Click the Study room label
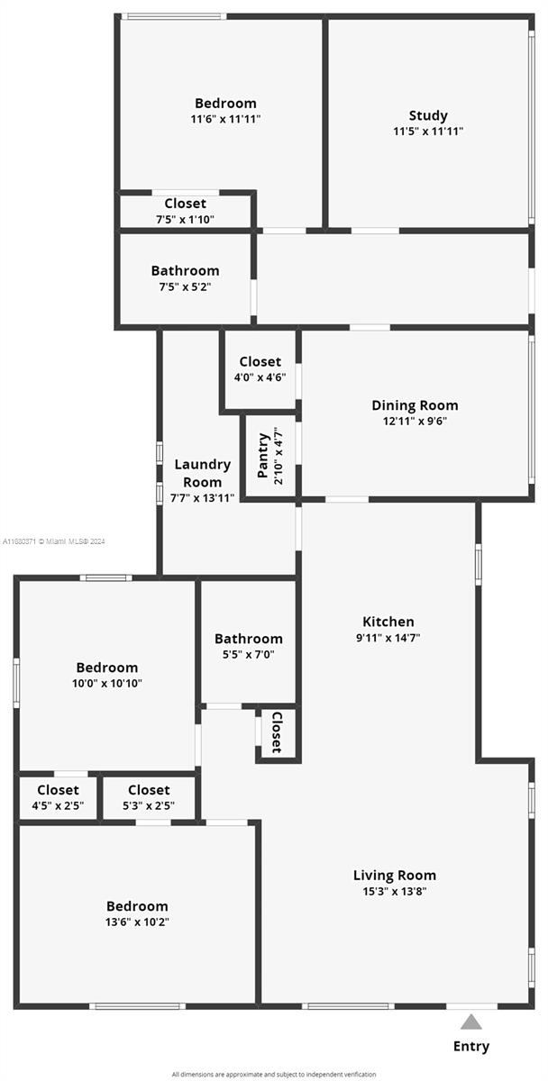[x=428, y=116]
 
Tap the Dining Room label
[x=415, y=405]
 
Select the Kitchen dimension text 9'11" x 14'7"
[x=388, y=638]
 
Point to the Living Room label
[x=395, y=876]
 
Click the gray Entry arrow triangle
[x=470, y=1022]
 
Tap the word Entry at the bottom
[x=471, y=1046]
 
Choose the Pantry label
[x=262, y=456]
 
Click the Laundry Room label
[x=202, y=474]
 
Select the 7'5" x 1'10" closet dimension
[x=185, y=220]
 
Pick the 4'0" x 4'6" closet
[x=260, y=368]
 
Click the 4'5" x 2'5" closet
[x=58, y=797]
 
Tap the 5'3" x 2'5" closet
[x=149, y=797]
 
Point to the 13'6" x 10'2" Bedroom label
[x=137, y=913]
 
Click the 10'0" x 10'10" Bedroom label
[x=107, y=675]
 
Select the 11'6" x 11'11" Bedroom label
[x=225, y=111]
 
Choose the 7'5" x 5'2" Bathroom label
[x=186, y=278]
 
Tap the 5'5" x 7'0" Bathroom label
[x=249, y=646]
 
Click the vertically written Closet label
[x=277, y=732]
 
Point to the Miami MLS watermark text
[x=53, y=541]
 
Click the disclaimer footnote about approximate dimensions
[x=274, y=1074]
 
